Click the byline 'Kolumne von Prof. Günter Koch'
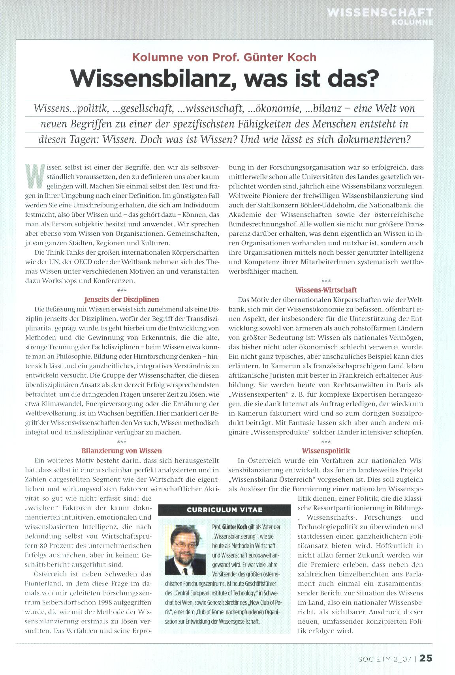(224, 57)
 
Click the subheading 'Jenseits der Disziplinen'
(122, 299)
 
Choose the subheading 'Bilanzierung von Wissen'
(122, 451)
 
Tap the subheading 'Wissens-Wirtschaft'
(326, 290)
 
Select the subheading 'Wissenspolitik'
(326, 451)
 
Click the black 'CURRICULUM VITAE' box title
(224, 510)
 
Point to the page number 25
(426, 658)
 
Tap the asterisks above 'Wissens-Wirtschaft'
(326, 281)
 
